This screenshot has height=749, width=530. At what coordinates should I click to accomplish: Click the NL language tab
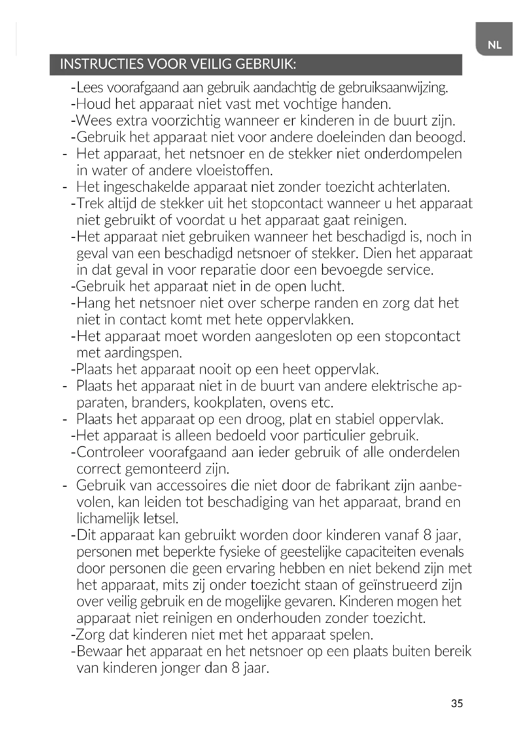[x=494, y=45]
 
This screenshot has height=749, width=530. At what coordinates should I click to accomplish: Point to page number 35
[x=457, y=703]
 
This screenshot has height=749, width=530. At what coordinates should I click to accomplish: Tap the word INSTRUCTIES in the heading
[x=102, y=64]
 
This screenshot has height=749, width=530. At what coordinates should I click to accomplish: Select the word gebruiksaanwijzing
[x=393, y=88]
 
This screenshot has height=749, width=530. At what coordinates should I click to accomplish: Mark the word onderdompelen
[x=413, y=154]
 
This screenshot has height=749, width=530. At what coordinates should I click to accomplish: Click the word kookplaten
[x=230, y=403]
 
